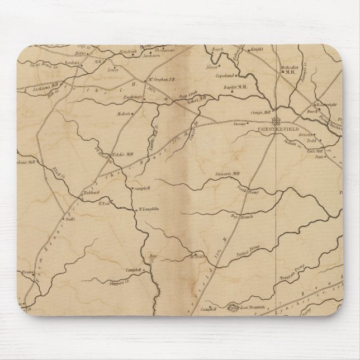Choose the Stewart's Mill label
[226, 175]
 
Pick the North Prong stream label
[232, 191]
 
